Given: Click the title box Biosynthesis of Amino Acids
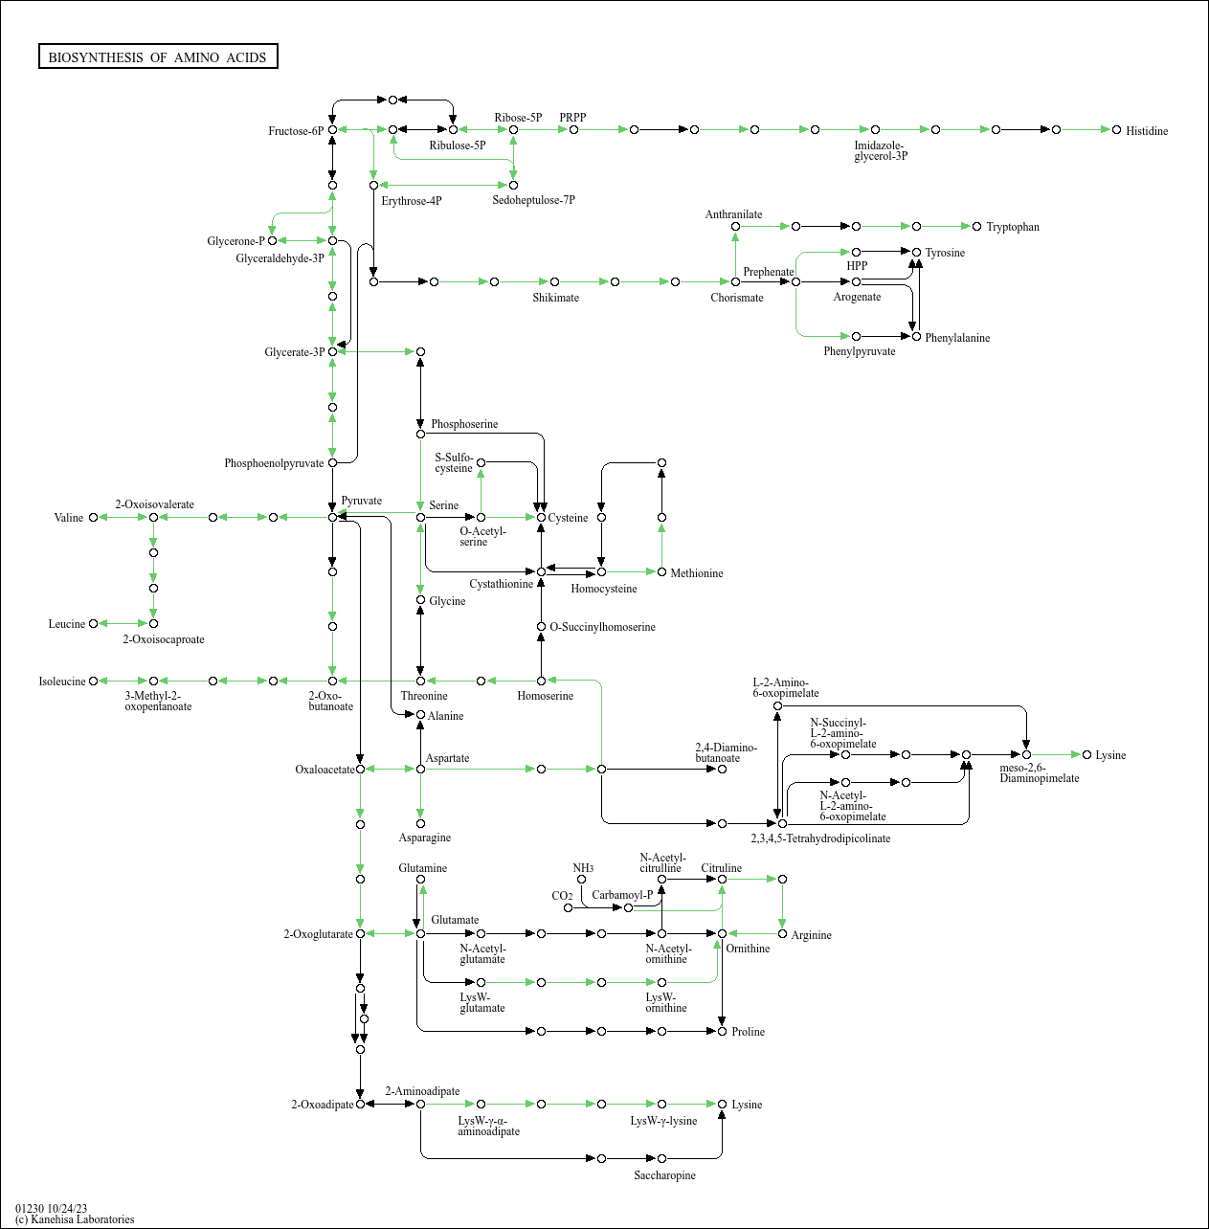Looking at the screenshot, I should pos(158,57).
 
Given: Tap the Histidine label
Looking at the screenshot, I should pos(1146,131).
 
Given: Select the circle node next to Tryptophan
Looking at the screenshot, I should pos(976,226).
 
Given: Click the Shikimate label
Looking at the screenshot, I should pos(555,298).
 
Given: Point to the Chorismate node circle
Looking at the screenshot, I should pos(735,281).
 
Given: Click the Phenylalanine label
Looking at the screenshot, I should pos(956,338).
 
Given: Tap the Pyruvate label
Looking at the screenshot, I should pos(361,501).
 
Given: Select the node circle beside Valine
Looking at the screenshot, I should pos(93,517).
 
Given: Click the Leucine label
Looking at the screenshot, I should pos(66,624).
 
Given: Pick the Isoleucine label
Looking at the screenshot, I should pos(61,682).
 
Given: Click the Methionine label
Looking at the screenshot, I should pos(696,573).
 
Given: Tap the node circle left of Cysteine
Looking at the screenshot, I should pos(541,517).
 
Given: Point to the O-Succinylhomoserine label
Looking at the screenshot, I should pos(602,627).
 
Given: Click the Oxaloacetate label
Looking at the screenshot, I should pos(324,770).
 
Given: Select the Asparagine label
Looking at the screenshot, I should pos(424,838).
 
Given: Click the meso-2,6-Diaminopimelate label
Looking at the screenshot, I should pos(1039,773).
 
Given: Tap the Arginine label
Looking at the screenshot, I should pos(811,935).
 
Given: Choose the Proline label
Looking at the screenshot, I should pos(748,1032).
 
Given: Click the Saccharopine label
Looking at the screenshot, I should pos(664,1175).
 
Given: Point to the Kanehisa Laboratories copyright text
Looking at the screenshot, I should pos(75,1219).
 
